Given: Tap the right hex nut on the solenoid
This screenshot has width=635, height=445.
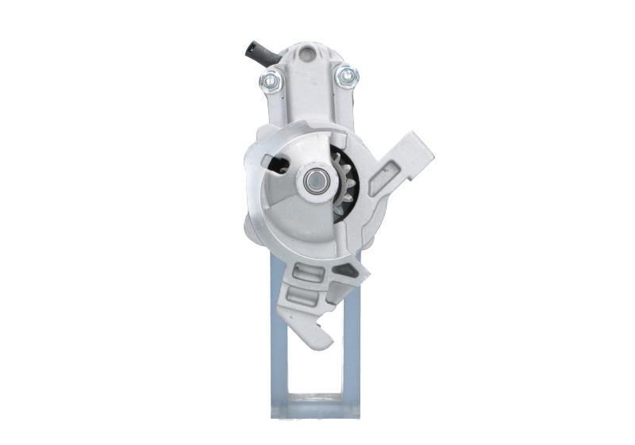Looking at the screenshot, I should click(x=347, y=76).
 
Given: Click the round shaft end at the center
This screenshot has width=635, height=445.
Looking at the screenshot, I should click(x=314, y=182).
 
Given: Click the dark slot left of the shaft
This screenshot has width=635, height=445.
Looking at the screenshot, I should click(x=279, y=164).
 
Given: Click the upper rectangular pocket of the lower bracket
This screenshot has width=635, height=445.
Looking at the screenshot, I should click(x=308, y=272).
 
